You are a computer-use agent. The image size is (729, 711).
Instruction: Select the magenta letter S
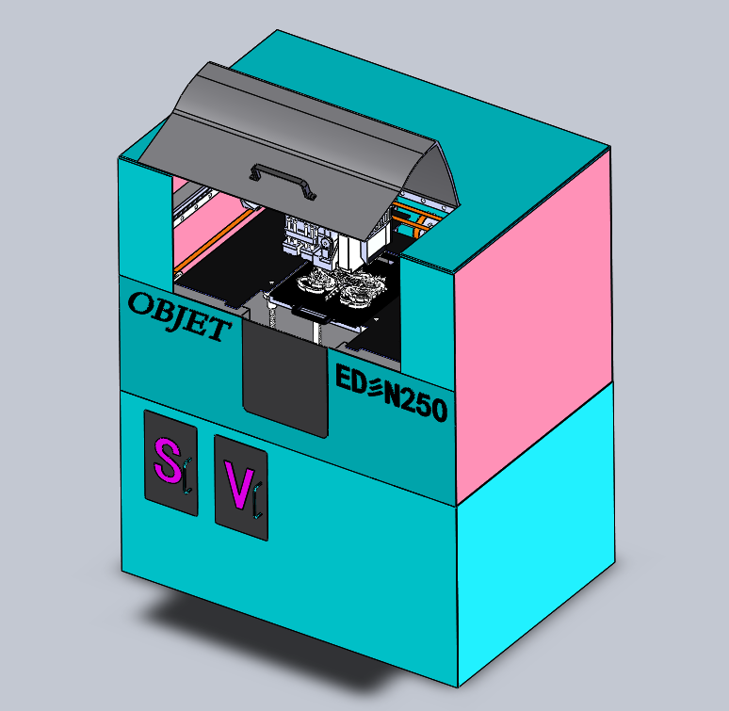click(x=167, y=461)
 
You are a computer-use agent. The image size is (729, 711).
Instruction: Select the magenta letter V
click(x=238, y=484)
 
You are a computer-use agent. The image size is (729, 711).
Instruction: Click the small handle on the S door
click(x=187, y=476)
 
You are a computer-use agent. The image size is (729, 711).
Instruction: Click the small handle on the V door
click(x=257, y=498)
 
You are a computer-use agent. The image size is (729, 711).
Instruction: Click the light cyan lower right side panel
click(x=537, y=546)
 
